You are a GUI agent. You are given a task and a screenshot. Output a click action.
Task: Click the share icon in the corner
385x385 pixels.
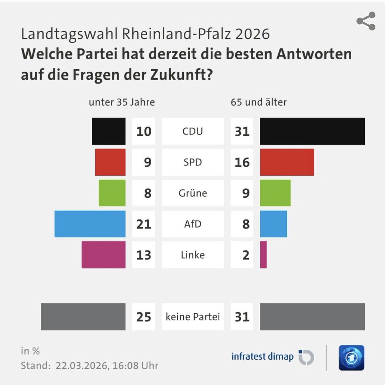366,21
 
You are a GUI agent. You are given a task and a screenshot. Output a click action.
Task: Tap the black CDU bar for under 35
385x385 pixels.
109,131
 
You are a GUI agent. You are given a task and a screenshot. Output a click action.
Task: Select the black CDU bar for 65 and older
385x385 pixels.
312,131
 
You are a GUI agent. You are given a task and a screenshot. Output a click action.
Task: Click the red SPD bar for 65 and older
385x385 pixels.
287,162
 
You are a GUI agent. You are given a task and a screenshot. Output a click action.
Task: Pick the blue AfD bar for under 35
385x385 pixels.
90,224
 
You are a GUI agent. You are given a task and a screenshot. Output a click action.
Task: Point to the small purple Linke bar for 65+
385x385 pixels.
263,255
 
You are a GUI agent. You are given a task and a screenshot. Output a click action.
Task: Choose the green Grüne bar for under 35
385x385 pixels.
112,193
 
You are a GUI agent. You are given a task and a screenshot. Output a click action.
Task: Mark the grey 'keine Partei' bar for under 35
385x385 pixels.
83,317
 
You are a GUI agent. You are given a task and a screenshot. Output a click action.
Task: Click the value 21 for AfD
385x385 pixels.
144,224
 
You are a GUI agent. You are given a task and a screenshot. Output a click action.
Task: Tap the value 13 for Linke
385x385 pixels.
144,255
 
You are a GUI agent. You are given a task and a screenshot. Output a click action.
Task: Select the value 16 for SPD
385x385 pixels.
242,162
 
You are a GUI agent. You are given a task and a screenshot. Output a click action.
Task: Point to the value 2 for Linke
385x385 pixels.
246,255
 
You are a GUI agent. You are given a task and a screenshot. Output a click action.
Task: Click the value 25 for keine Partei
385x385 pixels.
144,317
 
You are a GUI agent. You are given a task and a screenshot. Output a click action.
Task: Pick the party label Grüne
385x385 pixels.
193,193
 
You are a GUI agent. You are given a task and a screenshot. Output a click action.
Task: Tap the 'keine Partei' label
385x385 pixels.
193,317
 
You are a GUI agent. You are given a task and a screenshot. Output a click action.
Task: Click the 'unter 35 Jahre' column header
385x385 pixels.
122,102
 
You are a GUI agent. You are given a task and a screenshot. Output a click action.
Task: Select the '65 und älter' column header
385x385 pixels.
258,102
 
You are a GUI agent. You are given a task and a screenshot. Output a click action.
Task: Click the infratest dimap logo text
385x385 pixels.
262,356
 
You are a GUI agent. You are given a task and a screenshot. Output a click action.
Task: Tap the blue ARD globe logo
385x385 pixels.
351,358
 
